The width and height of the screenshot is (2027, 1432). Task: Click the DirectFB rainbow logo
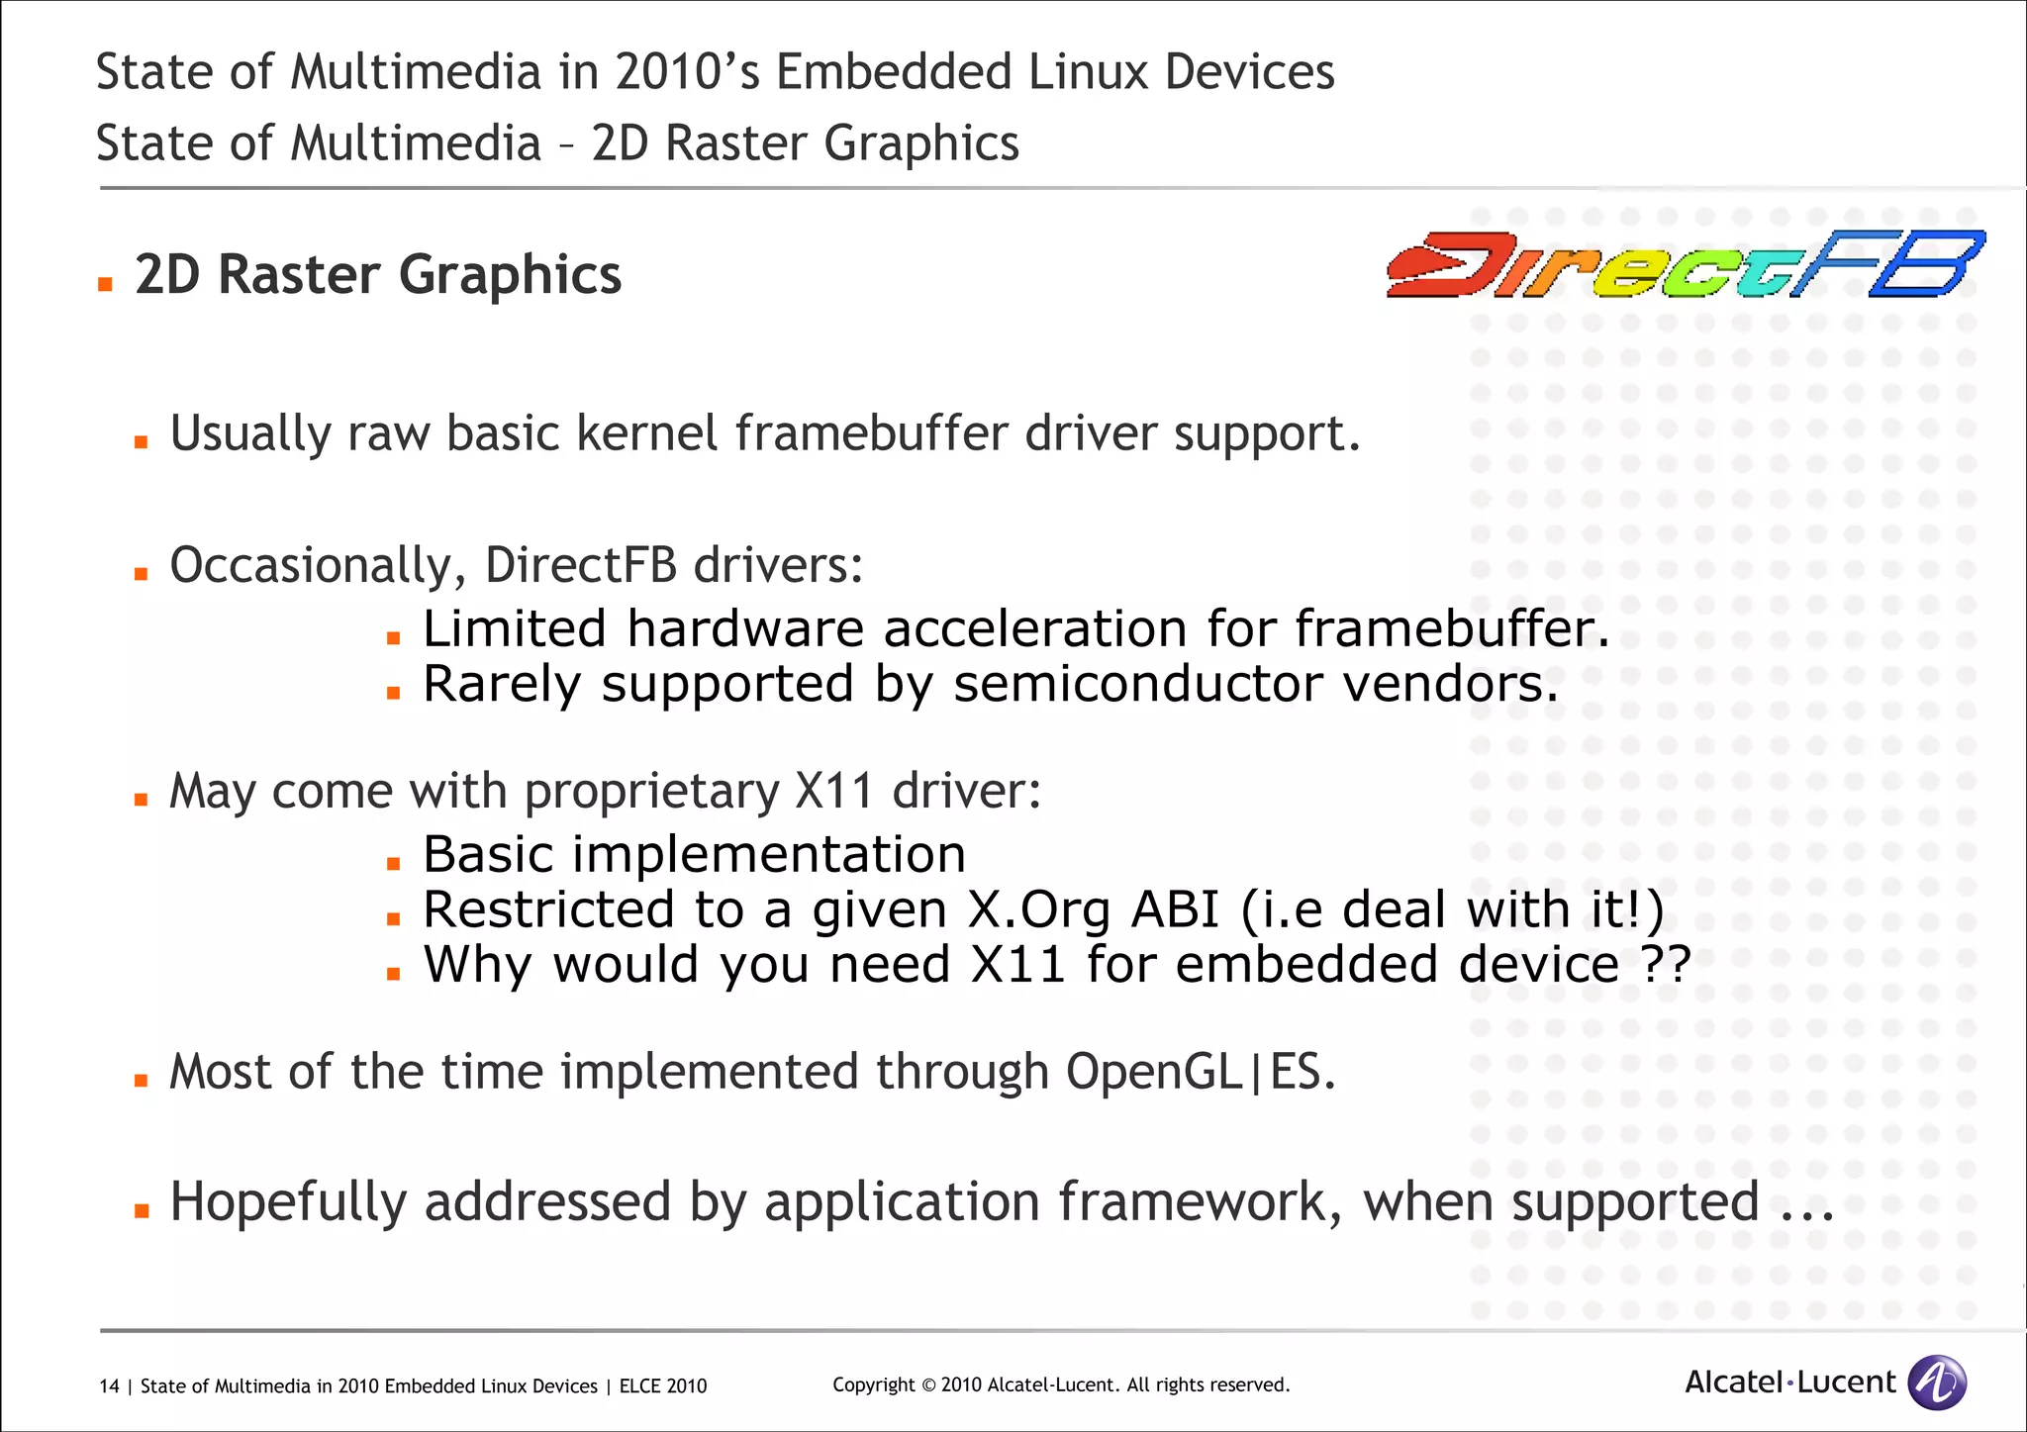[1685, 264]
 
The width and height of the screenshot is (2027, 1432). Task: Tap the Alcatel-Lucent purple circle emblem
[1936, 1383]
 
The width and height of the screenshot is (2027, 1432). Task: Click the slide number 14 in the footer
[109, 1386]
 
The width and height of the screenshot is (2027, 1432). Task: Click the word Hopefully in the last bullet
[287, 1202]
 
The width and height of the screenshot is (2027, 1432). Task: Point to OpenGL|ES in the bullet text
[1200, 1072]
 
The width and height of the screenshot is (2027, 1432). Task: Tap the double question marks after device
[1665, 964]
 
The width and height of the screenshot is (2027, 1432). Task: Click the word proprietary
[651, 792]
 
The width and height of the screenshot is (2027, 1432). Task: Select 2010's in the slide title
[687, 72]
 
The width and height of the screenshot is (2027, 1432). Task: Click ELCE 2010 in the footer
[662, 1386]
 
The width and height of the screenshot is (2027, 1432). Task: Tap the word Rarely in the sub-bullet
[501, 684]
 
